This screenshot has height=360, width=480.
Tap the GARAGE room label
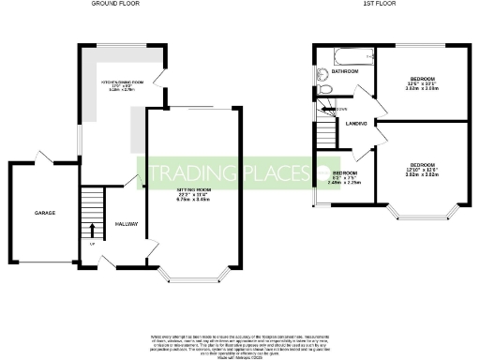tap(45, 213)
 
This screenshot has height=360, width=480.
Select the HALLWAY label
tap(127, 225)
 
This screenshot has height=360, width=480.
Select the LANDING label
tap(355, 124)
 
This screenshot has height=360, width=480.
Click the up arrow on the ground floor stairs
tap(92, 229)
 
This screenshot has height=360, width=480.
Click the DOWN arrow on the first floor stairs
tap(325, 110)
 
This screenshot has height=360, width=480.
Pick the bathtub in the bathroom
tap(337, 52)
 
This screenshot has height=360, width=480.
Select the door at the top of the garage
tap(38, 157)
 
